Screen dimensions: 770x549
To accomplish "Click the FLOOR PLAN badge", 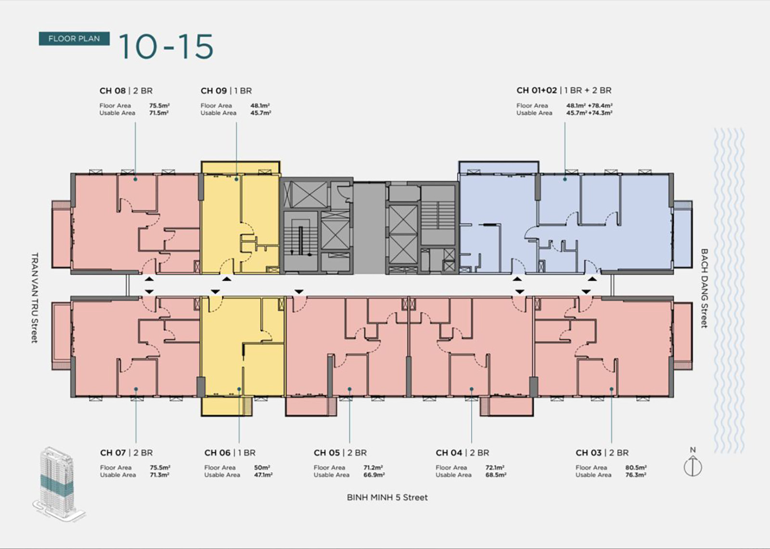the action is pos(74,39).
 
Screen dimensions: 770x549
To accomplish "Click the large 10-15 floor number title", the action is pos(166,47).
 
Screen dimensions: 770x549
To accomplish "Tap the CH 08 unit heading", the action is pos(126,91).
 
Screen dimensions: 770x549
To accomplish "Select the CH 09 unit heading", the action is pos(226,91).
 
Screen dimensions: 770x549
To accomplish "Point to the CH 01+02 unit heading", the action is pos(564,91).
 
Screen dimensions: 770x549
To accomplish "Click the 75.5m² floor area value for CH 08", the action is pos(159,105).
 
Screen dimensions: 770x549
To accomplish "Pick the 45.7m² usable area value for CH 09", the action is pos(261,113).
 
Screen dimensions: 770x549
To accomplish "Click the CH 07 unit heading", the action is pos(127,453).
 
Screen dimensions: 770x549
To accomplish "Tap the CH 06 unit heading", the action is pos(230,453).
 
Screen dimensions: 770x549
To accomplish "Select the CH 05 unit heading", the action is pos(340,453).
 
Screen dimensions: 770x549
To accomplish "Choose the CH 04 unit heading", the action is pos(462,453).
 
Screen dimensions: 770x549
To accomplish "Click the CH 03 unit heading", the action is pos(602,453).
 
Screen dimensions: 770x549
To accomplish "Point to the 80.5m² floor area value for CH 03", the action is pos(636,468).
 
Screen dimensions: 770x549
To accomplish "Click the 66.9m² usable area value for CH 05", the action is pos(374,475).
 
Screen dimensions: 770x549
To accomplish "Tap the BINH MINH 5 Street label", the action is pos(387,497).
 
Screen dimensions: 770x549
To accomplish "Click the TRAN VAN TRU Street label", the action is pos(34,298).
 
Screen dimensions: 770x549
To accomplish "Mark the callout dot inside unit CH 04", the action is pos(472,389).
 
